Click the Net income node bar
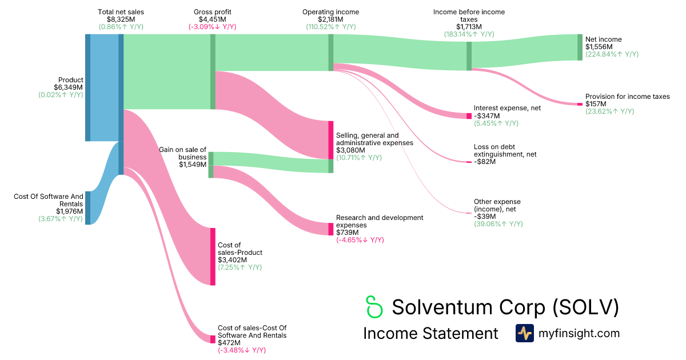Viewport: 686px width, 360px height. click(x=580, y=47)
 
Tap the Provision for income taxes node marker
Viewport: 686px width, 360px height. click(x=580, y=104)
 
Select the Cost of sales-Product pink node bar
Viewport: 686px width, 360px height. click(x=213, y=257)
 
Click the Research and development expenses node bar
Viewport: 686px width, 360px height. click(x=330, y=229)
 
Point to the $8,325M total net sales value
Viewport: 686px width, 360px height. click(x=121, y=19)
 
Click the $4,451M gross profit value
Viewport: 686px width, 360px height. click(x=212, y=19)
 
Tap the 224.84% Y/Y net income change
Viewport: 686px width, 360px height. click(x=612, y=54)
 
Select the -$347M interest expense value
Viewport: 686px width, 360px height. click(x=486, y=115)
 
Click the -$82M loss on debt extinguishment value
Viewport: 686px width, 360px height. click(x=484, y=162)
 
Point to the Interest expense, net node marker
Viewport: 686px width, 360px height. click(x=469, y=116)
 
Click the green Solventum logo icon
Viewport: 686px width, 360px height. click(x=374, y=307)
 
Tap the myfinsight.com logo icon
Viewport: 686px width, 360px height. click(x=524, y=333)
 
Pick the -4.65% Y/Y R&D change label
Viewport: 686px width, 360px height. click(x=360, y=240)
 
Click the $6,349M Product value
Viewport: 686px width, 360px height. click(x=69, y=87)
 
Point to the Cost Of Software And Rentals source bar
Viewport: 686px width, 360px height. click(x=87, y=208)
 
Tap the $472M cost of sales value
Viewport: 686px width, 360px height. click(x=230, y=343)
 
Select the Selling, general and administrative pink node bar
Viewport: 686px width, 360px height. click(x=330, y=140)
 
